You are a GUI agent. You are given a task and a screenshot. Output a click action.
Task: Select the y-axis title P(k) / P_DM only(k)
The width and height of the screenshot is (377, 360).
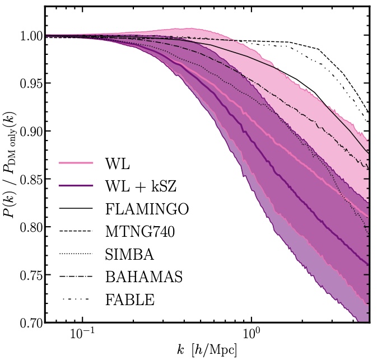10,179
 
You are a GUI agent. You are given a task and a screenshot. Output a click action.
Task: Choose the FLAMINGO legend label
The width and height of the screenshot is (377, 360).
147,209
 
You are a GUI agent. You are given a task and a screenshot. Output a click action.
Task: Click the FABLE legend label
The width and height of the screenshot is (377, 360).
129,300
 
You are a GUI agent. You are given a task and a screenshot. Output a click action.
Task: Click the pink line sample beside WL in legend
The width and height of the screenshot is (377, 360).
76,163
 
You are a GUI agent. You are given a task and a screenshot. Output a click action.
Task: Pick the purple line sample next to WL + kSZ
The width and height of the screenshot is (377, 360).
76,186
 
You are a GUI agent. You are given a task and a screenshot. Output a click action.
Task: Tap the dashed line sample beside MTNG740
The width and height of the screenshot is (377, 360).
76,231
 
